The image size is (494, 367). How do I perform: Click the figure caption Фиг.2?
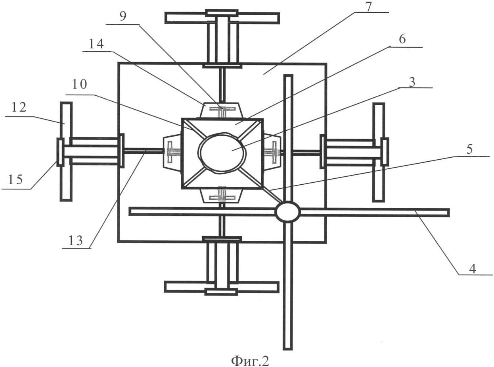[250, 360]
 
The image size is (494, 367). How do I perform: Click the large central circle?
[222, 153]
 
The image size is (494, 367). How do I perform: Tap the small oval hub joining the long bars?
[288, 212]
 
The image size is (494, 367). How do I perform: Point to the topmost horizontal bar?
[222, 18]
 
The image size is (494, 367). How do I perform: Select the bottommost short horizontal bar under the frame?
[222, 287]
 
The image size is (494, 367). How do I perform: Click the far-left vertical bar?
[66, 151]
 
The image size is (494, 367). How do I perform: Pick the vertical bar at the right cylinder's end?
[379, 152]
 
